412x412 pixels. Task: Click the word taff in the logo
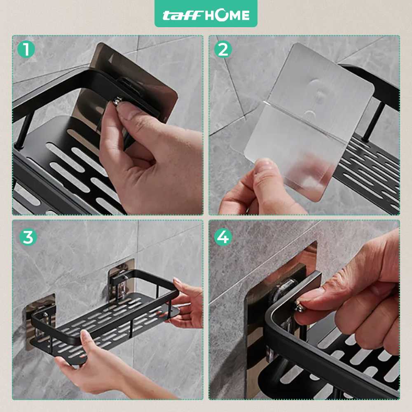[x=182, y=16]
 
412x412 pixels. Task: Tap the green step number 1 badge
[x=26, y=49]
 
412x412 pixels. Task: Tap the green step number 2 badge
[x=223, y=49]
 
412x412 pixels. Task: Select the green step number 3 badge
[x=28, y=237]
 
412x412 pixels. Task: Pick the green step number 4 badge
[x=223, y=237]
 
